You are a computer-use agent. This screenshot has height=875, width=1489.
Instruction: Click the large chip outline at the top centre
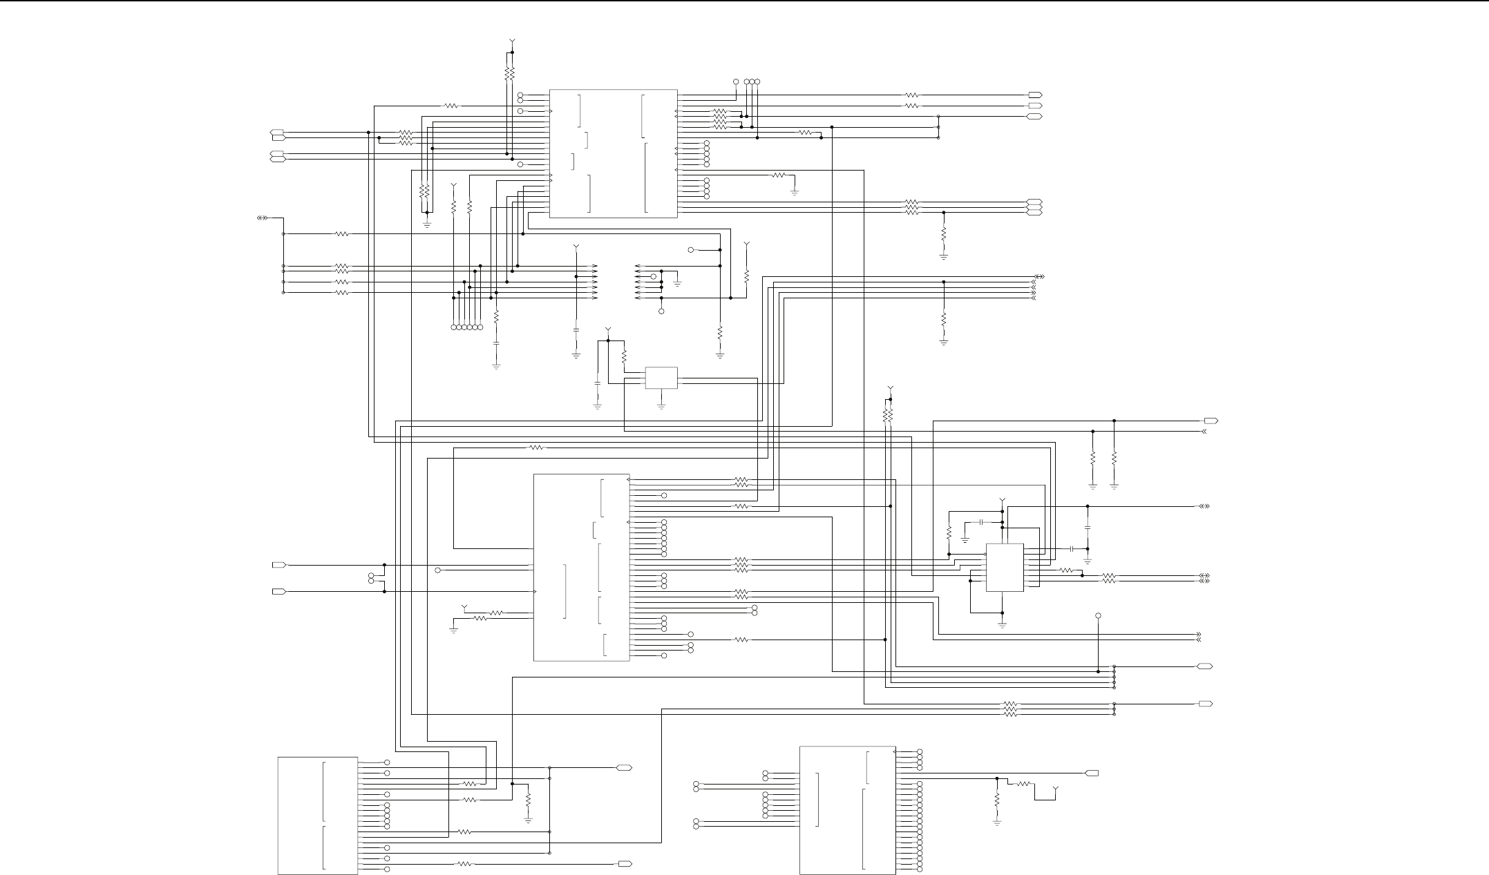click(x=613, y=153)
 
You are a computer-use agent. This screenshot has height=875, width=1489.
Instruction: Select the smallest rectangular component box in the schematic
click(x=661, y=378)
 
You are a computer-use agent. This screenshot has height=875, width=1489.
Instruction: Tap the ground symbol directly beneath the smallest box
click(x=661, y=407)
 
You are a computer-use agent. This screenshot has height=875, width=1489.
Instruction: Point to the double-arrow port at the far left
click(x=262, y=218)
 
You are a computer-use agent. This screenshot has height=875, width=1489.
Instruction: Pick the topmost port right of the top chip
click(x=1035, y=95)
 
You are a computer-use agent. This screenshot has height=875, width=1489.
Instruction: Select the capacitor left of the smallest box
click(x=598, y=381)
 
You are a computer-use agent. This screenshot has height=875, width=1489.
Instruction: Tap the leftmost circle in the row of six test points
click(x=454, y=327)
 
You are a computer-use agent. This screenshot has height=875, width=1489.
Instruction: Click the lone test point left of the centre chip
click(x=437, y=570)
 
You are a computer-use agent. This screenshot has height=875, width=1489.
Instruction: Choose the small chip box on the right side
click(x=1004, y=567)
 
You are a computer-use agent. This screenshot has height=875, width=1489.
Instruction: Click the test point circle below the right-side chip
click(x=1098, y=615)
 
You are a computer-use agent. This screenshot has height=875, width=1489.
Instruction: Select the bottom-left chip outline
click(x=318, y=816)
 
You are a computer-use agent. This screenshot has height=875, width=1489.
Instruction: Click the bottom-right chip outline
click(x=847, y=810)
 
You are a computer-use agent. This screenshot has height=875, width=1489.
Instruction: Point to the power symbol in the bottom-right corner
click(x=1056, y=788)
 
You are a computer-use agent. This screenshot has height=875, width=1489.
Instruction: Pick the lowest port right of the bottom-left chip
click(x=625, y=864)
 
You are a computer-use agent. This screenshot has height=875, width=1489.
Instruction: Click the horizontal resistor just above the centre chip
click(x=536, y=448)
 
